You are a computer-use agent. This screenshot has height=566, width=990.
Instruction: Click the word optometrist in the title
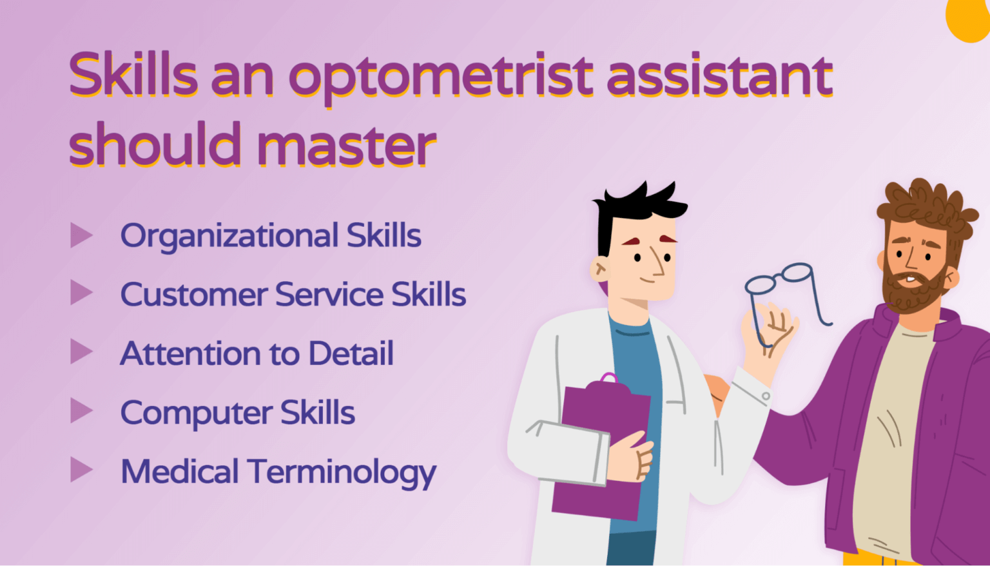click(441, 76)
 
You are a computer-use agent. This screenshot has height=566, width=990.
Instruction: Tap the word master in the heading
click(347, 144)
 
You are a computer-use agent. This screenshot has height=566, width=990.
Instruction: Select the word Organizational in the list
click(229, 236)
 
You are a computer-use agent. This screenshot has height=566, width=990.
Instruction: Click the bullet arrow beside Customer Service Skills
click(81, 293)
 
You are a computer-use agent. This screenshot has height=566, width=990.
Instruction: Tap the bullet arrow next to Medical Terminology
click(81, 470)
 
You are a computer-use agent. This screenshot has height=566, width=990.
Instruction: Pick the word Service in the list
click(329, 295)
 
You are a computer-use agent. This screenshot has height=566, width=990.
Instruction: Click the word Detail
click(351, 354)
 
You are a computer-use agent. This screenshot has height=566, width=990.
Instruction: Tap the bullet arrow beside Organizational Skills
click(81, 235)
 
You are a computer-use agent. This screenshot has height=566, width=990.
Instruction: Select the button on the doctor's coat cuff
click(766, 396)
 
